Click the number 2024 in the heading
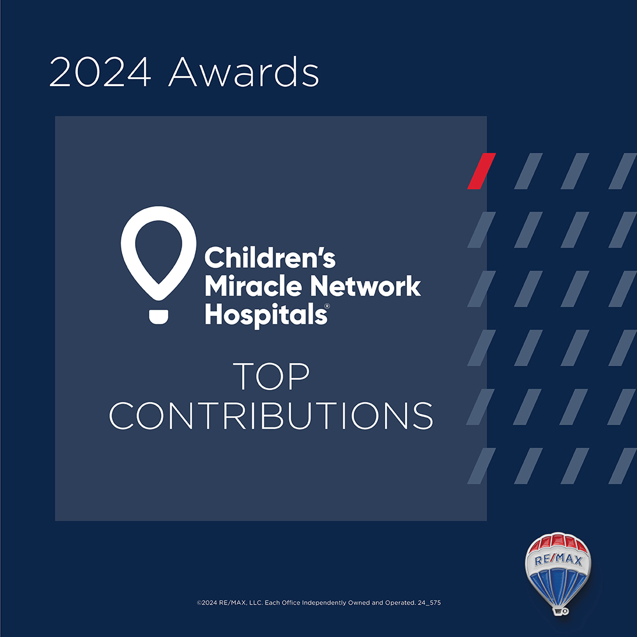tap(100, 72)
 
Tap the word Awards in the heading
tap(244, 72)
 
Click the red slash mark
tap(481, 171)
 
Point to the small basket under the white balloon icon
tap(159, 317)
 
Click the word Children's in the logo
tap(270, 258)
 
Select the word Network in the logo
tap(366, 286)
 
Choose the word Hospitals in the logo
tap(266, 314)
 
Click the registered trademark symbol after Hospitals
tap(327, 306)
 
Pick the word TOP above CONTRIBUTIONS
tap(271, 376)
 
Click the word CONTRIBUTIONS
tap(271, 416)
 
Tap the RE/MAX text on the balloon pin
tap(558, 560)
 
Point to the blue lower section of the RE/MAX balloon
tap(559, 585)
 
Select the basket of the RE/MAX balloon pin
tap(561, 610)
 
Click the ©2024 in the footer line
tap(207, 602)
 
